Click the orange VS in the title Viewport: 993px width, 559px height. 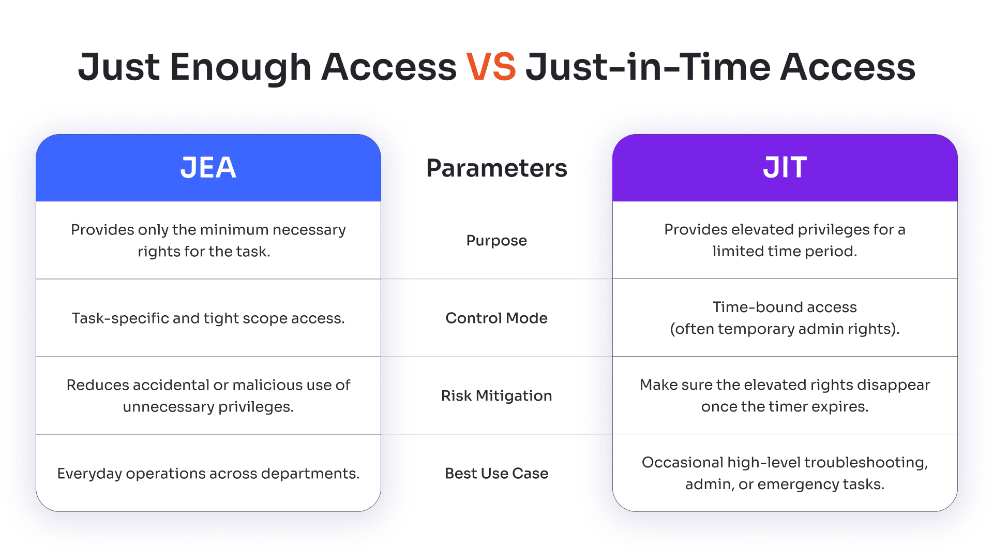click(x=491, y=67)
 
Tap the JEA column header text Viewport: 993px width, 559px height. click(x=208, y=168)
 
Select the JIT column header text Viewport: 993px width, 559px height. click(x=785, y=168)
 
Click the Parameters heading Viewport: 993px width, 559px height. click(x=496, y=168)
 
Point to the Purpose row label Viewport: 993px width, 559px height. click(x=496, y=241)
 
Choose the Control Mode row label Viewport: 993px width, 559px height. click(x=496, y=318)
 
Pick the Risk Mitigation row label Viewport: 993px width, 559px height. click(x=496, y=396)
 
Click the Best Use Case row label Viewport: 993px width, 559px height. click(x=496, y=473)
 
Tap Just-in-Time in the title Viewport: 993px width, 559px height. click(x=648, y=67)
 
